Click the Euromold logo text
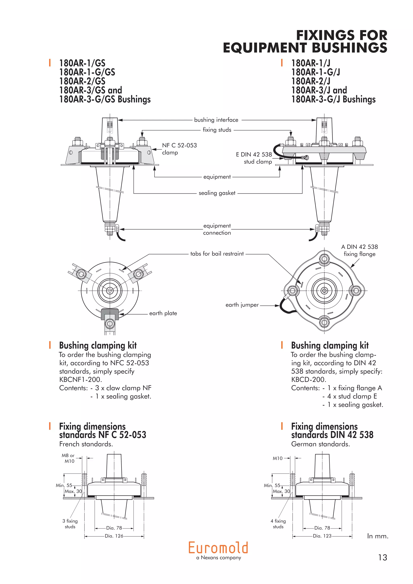click(218, 548)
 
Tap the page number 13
click(383, 558)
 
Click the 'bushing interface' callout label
click(216, 120)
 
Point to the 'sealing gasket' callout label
click(217, 193)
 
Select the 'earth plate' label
click(163, 313)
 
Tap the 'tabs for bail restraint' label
click(217, 254)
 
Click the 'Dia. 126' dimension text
click(114, 536)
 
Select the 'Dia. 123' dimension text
click(322, 536)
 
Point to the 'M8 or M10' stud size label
click(68, 458)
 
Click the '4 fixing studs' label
click(278, 524)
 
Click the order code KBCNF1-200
click(80, 380)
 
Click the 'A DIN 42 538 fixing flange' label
click(359, 250)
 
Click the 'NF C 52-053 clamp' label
click(179, 149)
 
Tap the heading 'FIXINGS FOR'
click(342, 35)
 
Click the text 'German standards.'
click(320, 444)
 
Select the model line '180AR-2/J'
click(311, 81)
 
